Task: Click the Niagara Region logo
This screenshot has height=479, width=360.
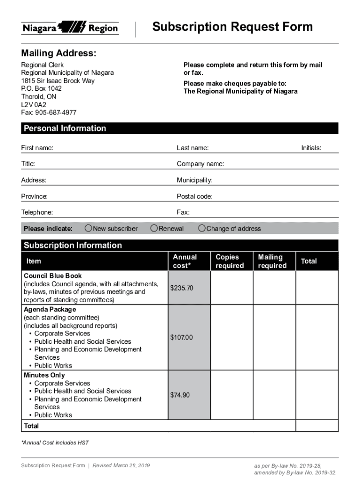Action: coord(70,28)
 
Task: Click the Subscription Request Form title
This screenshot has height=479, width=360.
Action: coord(232,27)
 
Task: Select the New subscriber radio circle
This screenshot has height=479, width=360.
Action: coord(88,228)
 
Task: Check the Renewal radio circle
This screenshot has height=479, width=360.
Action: coord(154,228)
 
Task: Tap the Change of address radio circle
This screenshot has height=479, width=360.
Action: coord(202,228)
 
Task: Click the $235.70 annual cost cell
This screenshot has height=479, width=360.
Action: coord(181,288)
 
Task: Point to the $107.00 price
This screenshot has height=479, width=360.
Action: coord(181,337)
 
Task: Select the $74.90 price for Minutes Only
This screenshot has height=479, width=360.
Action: coord(180,395)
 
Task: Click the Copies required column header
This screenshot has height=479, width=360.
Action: coord(230,261)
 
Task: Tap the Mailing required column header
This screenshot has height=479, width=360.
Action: coord(272,261)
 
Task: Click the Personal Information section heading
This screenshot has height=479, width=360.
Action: coord(65,129)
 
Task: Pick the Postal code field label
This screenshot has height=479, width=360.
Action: coord(194,196)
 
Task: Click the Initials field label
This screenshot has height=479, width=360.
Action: coord(311,148)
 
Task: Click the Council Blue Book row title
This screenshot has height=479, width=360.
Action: coord(53,276)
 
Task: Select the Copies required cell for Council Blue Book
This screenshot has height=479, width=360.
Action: coord(232,288)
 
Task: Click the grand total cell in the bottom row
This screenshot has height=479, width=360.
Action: coord(317,426)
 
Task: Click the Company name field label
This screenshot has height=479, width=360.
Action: coord(200,164)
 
